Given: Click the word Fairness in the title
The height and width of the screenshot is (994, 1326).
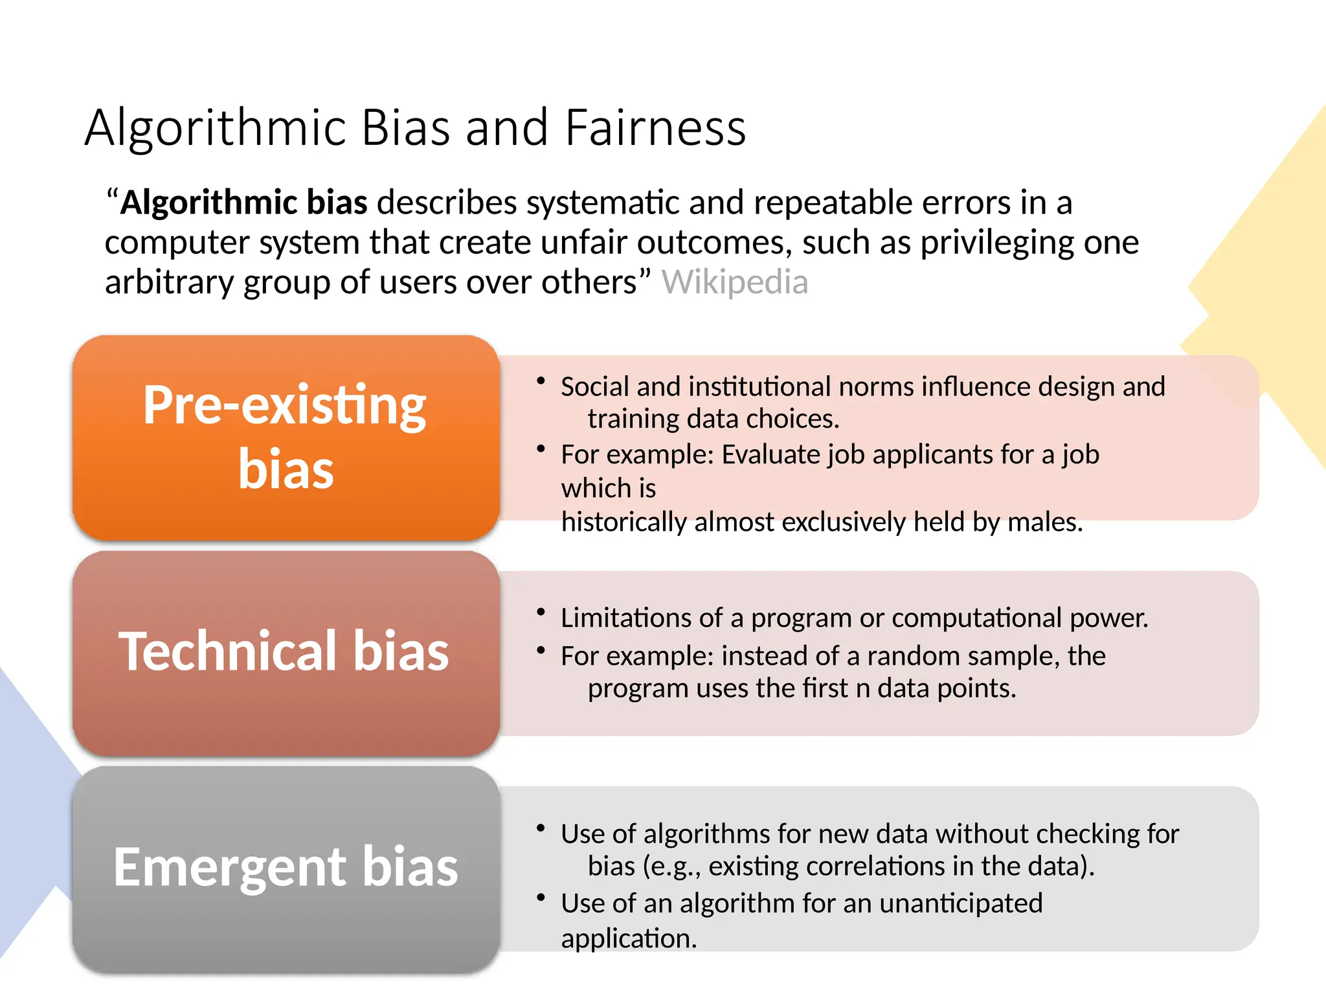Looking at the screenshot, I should click(655, 127).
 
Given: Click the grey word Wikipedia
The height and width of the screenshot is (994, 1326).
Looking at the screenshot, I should click(734, 283).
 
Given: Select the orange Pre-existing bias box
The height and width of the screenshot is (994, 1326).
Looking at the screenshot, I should click(286, 437).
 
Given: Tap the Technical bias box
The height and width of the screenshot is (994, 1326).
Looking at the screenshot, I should click(286, 652).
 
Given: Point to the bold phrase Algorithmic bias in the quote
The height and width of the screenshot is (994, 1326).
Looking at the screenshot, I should click(244, 203).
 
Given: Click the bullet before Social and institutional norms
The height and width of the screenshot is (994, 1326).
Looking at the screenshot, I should click(541, 381).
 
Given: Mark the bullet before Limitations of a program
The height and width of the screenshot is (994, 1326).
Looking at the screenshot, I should click(541, 612).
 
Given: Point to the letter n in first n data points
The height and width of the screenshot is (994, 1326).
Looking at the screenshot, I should click(862, 689).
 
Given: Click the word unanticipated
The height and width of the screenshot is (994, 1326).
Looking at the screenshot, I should click(961, 903).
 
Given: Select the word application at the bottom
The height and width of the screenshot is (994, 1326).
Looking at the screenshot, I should click(629, 939).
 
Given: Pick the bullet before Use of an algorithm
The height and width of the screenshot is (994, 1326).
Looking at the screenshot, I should click(541, 898).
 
